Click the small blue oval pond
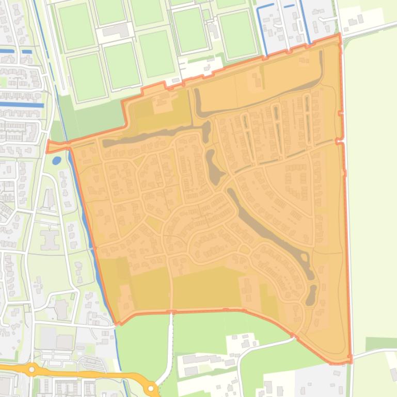pyautogui.click(x=56, y=160)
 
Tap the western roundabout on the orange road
pyautogui.click(x=32, y=369)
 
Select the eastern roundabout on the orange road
pyautogui.click(x=151, y=388)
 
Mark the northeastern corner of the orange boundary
pyautogui.click(x=340, y=36)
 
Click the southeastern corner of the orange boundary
pyautogui.click(x=351, y=362)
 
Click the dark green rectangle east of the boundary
pyautogui.click(x=381, y=343)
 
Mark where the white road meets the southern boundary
pyautogui.click(x=171, y=312)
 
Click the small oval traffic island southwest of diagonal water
pyautogui.click(x=245, y=250)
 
